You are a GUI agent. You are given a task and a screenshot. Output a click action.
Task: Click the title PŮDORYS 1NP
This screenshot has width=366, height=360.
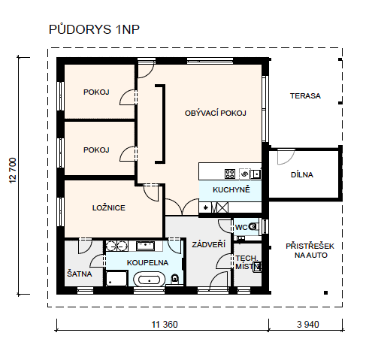[94, 29]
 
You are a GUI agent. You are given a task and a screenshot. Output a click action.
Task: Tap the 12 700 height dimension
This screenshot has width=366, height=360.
[13, 171]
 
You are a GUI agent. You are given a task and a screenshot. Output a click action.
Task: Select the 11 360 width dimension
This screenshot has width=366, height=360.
[165, 325]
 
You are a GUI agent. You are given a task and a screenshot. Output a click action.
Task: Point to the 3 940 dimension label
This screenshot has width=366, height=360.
[308, 325]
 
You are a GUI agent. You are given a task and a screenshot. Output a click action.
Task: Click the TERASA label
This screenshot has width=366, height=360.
[305, 95]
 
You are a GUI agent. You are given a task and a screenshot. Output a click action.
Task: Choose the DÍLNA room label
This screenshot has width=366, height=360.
[302, 174]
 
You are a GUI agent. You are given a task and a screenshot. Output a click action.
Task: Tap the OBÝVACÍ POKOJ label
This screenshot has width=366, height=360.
[216, 113]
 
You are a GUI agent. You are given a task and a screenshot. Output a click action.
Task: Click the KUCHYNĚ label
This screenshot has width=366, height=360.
[231, 189]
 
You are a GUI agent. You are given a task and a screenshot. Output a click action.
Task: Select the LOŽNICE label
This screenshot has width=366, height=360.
[109, 207]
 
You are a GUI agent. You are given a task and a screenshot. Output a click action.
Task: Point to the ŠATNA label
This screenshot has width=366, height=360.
[80, 274]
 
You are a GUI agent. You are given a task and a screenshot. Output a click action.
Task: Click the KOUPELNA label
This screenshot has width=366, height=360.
[147, 262]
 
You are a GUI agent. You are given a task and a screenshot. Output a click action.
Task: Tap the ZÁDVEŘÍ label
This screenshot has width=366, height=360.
[209, 244]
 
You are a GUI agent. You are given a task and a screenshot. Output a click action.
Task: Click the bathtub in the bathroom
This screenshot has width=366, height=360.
[150, 280]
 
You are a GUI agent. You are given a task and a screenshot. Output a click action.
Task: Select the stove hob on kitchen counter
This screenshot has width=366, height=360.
[230, 174]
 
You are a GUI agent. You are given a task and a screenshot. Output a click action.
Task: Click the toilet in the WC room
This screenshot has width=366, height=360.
[253, 226]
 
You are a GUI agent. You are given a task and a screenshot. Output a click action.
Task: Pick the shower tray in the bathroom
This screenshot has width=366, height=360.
[116, 278]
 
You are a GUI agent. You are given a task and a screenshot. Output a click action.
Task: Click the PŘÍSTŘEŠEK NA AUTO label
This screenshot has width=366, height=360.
[310, 250]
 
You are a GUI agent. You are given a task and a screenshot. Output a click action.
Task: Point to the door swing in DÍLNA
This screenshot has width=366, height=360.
[286, 157]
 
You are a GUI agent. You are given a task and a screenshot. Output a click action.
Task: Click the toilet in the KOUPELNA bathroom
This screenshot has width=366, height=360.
[175, 278]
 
